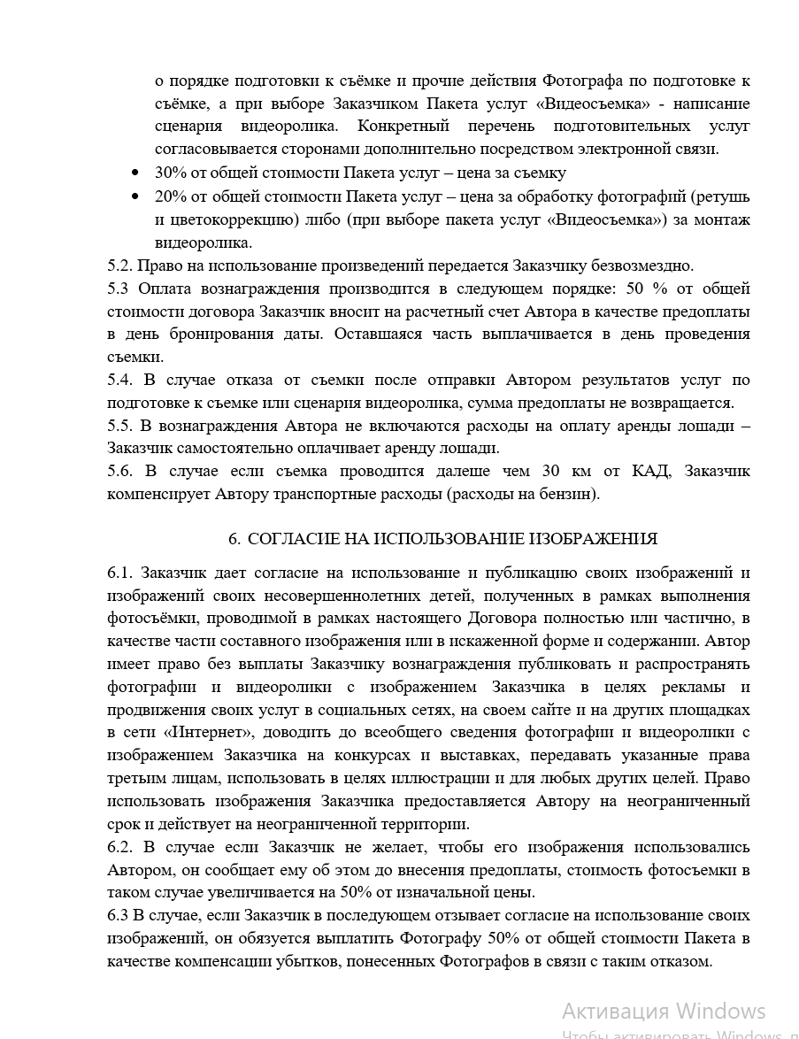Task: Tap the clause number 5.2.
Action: pos(120,266)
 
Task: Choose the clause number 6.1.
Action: pos(120,573)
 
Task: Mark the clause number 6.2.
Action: pos(120,847)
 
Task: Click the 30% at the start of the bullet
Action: pos(169,173)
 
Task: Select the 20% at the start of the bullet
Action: pos(169,196)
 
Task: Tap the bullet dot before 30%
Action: pos(134,173)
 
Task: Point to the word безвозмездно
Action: pos(648,266)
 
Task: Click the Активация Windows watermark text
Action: pos(664,1011)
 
